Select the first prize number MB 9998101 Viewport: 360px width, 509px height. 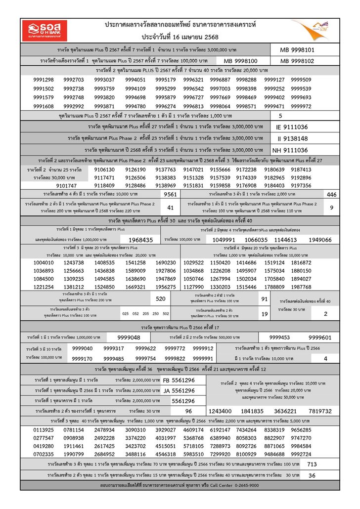point(297,50)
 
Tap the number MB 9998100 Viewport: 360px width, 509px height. point(240,61)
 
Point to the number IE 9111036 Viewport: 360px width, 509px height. point(292,127)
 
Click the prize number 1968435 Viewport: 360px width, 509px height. point(137,240)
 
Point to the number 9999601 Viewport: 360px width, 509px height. point(319,338)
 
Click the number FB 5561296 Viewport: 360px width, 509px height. point(179,380)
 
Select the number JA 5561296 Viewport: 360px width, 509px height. point(179,390)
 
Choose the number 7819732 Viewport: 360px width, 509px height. point(320,411)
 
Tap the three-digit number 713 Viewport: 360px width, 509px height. point(312,465)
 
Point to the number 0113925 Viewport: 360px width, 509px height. point(44,430)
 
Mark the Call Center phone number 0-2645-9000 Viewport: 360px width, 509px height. point(242,486)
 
